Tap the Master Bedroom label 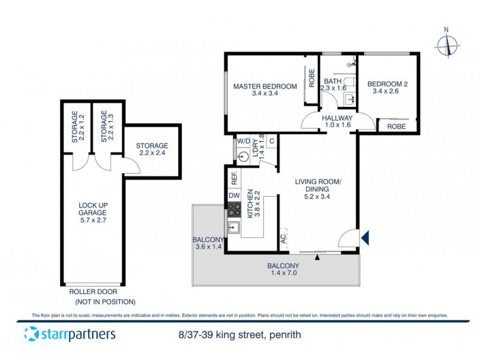265,89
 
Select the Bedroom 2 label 388,88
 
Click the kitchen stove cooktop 233,210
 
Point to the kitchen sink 233,227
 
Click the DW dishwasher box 233,195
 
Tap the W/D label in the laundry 243,142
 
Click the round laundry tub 244,157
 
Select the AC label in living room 283,239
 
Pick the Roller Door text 92,292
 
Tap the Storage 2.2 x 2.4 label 152,149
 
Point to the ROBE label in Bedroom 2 396,127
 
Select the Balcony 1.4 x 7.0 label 284,269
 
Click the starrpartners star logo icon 32,334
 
